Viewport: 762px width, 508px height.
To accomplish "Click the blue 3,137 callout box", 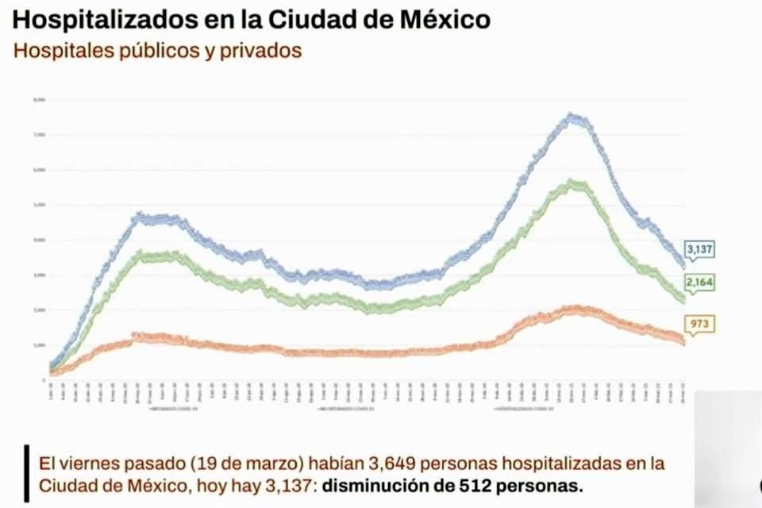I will [x=699, y=249].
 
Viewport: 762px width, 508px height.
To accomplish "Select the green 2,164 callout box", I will [x=699, y=283].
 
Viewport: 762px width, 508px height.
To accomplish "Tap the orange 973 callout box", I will [x=699, y=323].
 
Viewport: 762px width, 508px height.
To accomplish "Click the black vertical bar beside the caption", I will [x=26, y=473].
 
